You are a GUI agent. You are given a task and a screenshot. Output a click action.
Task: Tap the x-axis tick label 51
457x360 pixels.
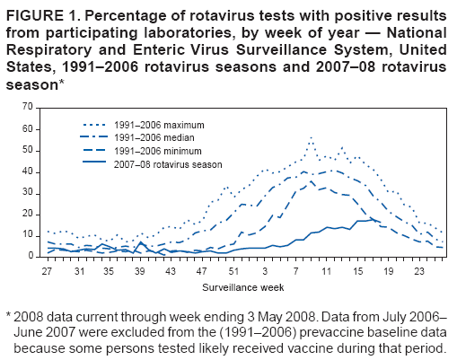232,270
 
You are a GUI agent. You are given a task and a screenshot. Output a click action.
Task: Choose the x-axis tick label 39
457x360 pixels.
140,270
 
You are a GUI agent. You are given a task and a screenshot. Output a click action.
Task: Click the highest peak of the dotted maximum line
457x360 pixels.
311,138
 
